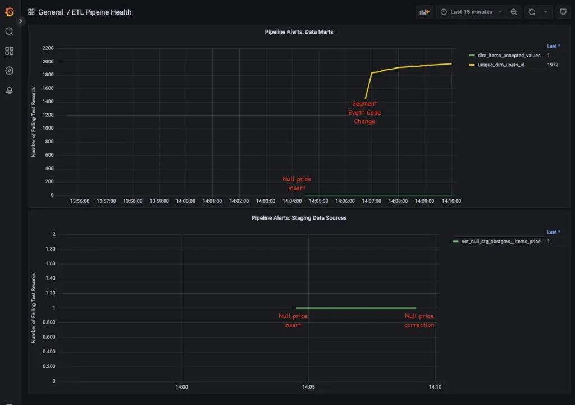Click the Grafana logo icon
pos(9,12)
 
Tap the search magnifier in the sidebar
pos(9,31)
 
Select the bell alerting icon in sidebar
pos(9,90)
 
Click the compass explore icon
pos(9,71)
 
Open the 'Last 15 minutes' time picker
pos(471,12)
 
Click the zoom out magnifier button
pos(514,12)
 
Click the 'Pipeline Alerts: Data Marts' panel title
pos(299,32)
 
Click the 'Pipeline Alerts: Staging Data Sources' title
pos(299,217)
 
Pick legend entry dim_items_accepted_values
pos(509,56)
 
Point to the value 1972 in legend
pos(553,65)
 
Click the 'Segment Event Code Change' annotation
pos(364,112)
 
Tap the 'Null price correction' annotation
pos(419,321)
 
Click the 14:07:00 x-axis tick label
pos(371,201)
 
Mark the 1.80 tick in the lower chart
pos(50,249)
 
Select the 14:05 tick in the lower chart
pos(308,386)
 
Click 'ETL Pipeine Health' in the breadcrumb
pos(102,12)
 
